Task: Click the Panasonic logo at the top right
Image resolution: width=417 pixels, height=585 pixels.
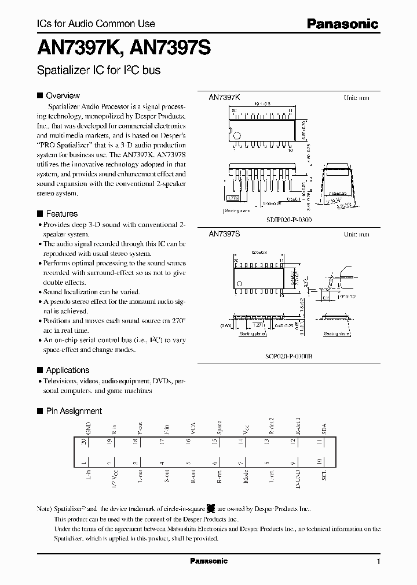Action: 342,24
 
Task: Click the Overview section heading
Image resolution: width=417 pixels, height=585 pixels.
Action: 63,95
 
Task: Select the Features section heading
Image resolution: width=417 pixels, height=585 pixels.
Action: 61,213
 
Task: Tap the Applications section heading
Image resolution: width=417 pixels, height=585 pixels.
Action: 67,370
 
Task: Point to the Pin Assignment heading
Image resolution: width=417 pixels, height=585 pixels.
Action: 74,411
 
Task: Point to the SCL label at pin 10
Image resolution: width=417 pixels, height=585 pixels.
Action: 324,478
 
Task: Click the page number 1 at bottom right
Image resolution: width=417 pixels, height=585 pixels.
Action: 378,561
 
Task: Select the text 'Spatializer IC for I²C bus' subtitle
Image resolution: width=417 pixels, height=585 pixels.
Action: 98,71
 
